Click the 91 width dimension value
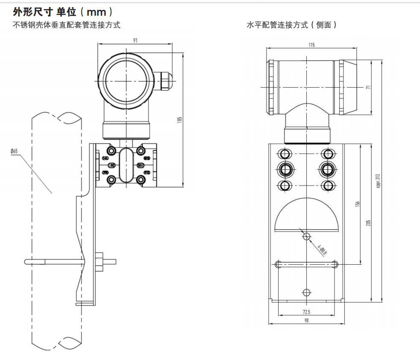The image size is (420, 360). (135, 41)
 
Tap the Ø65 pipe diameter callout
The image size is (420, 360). (14, 151)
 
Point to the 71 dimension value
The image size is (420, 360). (368, 87)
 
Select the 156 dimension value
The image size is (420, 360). (358, 204)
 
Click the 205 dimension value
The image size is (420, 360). (368, 222)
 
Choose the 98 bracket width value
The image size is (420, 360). (306, 320)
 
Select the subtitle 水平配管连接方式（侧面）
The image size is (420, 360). (292, 25)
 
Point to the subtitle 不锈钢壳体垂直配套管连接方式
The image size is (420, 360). (67, 25)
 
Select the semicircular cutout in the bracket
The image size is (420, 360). (307, 216)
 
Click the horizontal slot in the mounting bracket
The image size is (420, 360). (307, 264)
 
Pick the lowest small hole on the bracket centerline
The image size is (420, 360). (306, 292)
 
